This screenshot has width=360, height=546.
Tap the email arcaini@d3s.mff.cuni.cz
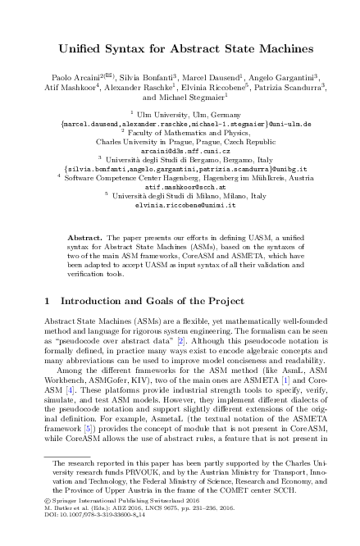pyautogui.click(x=179, y=151)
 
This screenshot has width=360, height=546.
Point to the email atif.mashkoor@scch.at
pyautogui.click(x=179, y=186)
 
